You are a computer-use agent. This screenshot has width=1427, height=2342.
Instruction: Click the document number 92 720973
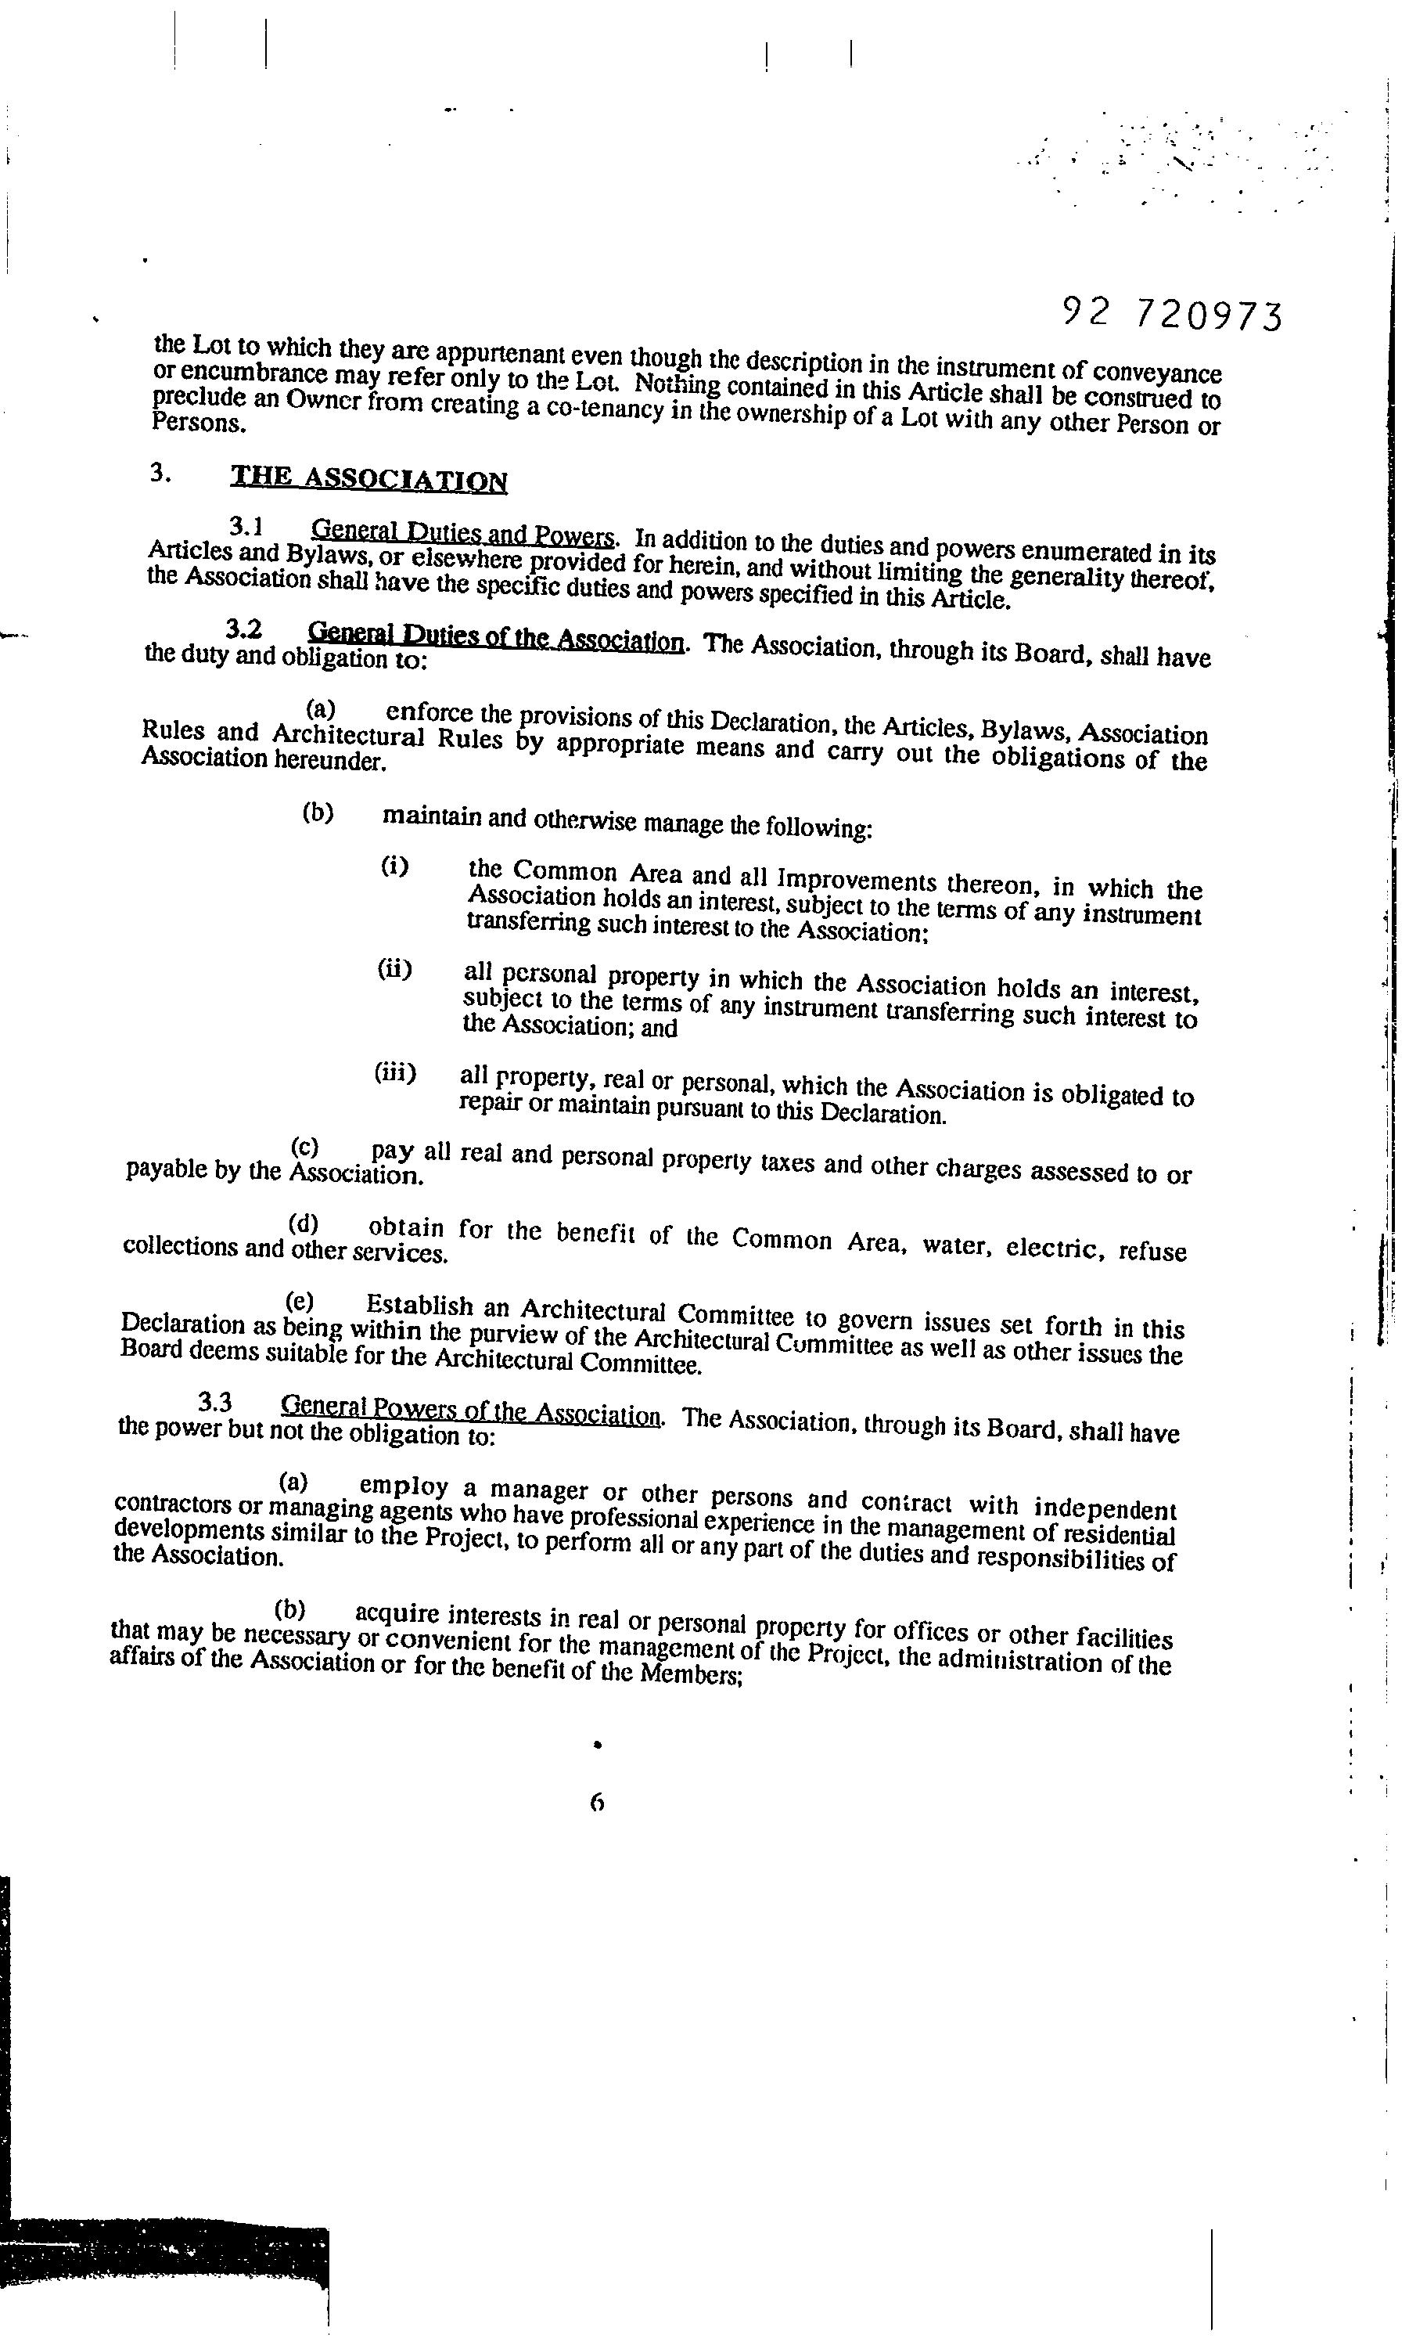[x=1170, y=313]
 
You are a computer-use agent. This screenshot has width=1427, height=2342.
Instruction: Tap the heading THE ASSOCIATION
[x=368, y=479]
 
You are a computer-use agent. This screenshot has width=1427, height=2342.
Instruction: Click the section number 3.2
[x=244, y=629]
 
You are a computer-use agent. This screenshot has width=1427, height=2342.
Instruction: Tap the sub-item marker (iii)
[x=395, y=1073]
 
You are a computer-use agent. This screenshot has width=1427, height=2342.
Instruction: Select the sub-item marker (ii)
[x=394, y=970]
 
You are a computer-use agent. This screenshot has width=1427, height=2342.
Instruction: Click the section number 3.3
[x=217, y=1400]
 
